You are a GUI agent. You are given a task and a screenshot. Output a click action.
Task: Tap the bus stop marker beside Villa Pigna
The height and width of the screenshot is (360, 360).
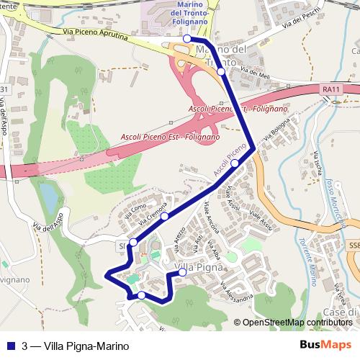(182, 272)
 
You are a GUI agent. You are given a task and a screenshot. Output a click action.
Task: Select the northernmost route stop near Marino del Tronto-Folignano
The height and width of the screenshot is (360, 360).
(186, 38)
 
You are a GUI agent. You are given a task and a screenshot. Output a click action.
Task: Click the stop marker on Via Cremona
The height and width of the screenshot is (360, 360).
(164, 216)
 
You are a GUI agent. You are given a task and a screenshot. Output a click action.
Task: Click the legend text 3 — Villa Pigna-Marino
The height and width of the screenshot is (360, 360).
(70, 345)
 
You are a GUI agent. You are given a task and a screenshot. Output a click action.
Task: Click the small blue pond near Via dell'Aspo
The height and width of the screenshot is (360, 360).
(47, 194)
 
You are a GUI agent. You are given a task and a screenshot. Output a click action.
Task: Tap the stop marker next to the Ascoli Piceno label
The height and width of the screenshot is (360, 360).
(235, 163)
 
